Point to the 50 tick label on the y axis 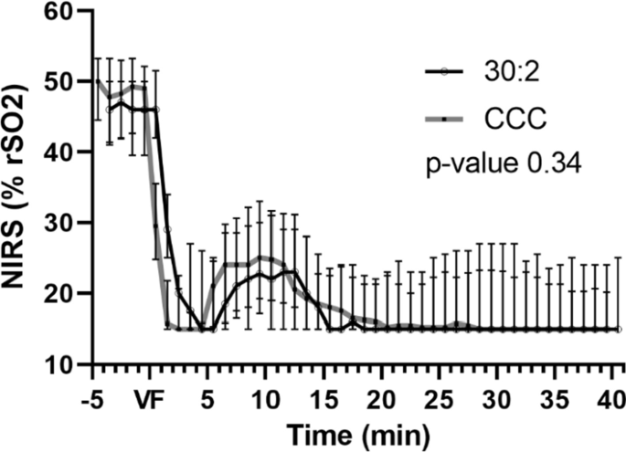pyautogui.click(x=60, y=82)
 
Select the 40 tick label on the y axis pyautogui.click(x=60, y=152)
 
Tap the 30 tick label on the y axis pyautogui.click(x=60, y=223)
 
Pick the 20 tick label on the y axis pyautogui.click(x=60, y=293)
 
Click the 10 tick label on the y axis pyautogui.click(x=60, y=363)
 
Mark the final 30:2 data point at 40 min pyautogui.click(x=619, y=329)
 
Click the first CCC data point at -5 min pyautogui.click(x=96, y=82)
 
